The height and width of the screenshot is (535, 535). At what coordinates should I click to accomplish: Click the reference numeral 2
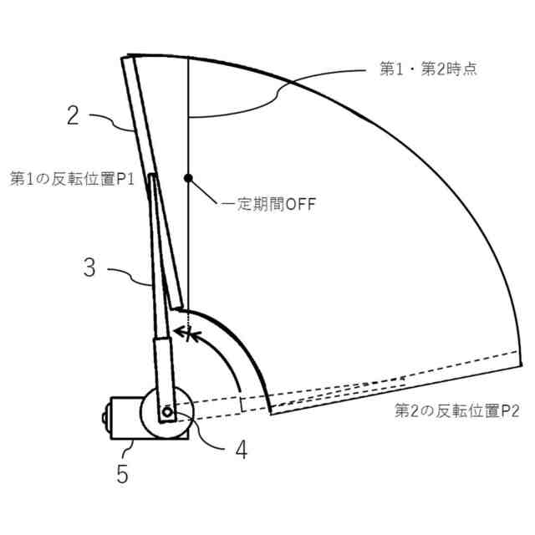[74, 115]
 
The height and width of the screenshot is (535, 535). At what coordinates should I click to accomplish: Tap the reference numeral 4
[241, 450]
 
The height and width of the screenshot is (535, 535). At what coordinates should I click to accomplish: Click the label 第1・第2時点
[423, 70]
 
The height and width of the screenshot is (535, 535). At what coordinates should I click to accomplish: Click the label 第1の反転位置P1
[71, 178]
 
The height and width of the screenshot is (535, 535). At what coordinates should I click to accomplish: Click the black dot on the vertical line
[190, 178]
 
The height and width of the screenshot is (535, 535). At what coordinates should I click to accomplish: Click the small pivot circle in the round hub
[168, 412]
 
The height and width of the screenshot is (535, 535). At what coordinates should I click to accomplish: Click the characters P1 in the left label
[125, 178]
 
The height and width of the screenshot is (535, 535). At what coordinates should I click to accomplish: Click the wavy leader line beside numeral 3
[130, 276]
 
